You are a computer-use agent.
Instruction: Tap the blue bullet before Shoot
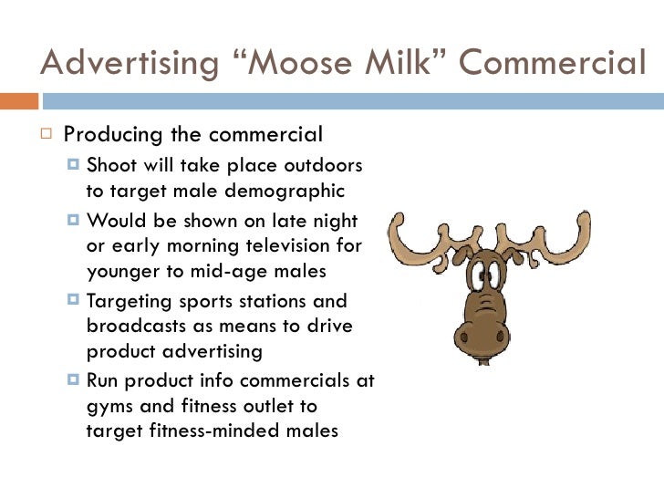tap(76, 166)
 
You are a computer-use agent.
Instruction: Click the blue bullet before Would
tap(76, 221)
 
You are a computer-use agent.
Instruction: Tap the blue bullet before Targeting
tap(76, 300)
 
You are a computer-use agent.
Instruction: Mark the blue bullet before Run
tap(76, 379)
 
